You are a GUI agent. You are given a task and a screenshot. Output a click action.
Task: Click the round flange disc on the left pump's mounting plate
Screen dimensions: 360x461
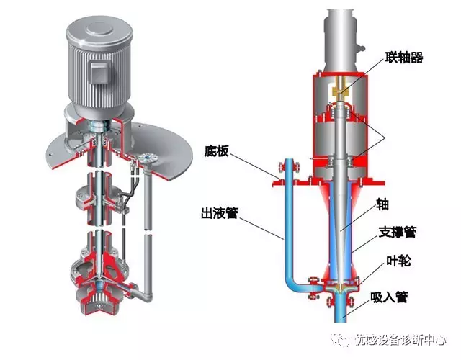(x=149, y=158)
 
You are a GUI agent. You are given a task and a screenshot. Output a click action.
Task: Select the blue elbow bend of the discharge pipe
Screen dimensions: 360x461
(x=295, y=284)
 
